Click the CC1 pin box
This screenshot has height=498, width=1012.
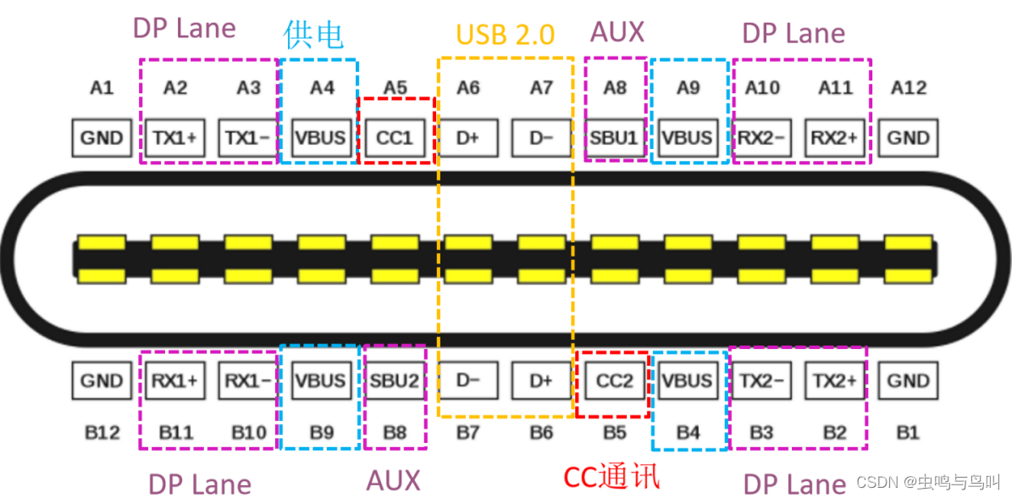[x=395, y=137]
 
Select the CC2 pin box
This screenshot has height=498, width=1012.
[x=615, y=381]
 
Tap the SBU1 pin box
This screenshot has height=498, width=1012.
[x=615, y=137]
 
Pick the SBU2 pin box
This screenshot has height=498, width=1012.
[x=395, y=381]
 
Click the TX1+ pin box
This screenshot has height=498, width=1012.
[x=174, y=137]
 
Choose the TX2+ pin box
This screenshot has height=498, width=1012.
[x=835, y=381]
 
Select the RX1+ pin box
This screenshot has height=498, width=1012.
[x=174, y=381]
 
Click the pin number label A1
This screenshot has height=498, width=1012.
[x=102, y=88]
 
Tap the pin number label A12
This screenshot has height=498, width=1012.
[x=909, y=88]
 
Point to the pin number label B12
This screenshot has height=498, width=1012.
[x=102, y=433]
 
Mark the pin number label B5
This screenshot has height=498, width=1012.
[x=615, y=433]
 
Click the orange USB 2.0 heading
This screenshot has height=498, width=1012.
[x=506, y=35]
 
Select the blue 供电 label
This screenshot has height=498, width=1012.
[x=313, y=35]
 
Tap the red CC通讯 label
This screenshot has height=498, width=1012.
[x=611, y=476]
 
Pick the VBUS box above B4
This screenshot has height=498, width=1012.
[x=688, y=381]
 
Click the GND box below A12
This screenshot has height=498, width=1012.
[x=909, y=137]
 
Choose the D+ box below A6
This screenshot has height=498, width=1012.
[x=468, y=137]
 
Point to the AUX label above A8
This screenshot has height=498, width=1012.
[x=617, y=32]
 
